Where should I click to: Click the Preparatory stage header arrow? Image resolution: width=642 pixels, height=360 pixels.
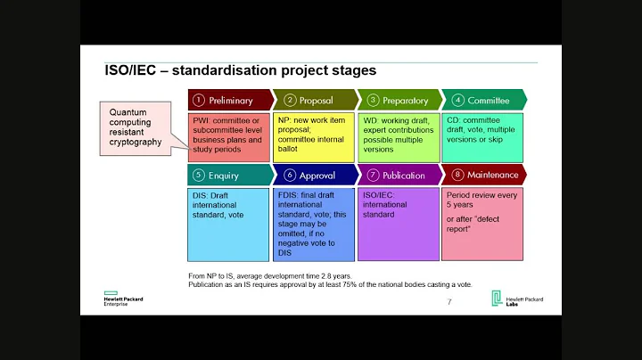(399, 100)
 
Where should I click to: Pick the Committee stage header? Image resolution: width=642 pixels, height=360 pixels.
(482, 100)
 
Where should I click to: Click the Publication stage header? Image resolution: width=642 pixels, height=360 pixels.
(399, 175)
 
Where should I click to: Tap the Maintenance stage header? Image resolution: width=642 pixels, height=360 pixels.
(482, 175)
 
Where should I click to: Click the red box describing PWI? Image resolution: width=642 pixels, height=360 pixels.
(228, 136)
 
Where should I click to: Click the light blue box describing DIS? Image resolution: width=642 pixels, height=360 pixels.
(228, 222)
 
